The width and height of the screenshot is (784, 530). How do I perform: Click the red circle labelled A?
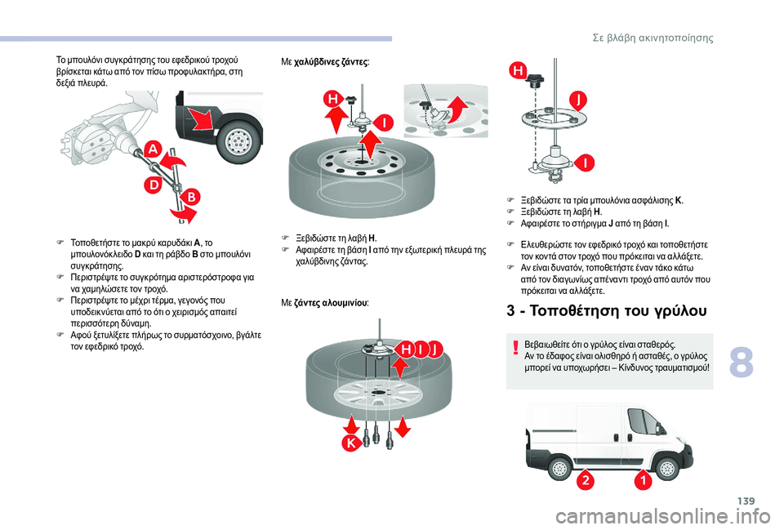pyautogui.click(x=152, y=149)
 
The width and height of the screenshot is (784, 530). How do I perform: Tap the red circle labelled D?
pyautogui.click(x=152, y=185)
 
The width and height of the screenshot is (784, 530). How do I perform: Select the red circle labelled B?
pyautogui.click(x=189, y=197)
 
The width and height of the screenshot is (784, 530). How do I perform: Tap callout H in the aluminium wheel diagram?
pyautogui.click(x=405, y=350)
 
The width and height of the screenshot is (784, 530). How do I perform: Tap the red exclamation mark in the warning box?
pyautogui.click(x=517, y=349)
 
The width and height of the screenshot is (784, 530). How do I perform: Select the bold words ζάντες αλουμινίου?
pyautogui.click(x=336, y=302)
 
